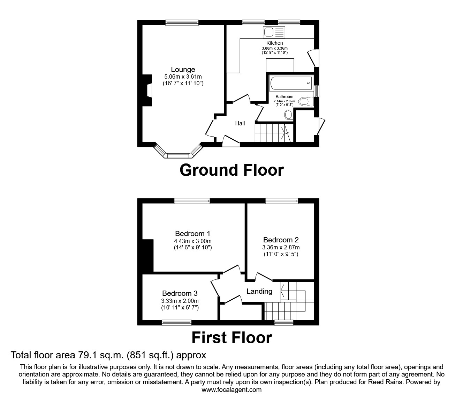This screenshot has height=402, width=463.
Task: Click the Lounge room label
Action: point(183,70)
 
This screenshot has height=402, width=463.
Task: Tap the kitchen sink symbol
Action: point(274,32)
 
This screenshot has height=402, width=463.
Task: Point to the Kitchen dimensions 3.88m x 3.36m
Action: point(275,48)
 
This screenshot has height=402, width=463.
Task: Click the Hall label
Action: point(240,123)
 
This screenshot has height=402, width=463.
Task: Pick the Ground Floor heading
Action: point(231,170)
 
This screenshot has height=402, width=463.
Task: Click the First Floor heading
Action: point(231,338)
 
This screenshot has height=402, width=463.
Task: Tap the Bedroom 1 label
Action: point(192,234)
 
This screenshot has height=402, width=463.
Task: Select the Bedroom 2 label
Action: point(281,240)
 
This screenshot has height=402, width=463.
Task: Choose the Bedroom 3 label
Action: point(180,293)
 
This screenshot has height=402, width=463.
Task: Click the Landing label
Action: point(259,291)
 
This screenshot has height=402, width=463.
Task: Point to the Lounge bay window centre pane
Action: point(178,155)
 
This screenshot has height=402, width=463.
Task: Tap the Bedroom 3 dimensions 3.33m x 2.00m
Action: point(180,301)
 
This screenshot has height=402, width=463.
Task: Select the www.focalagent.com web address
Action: point(231,390)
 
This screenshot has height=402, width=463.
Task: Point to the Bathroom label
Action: point(284,97)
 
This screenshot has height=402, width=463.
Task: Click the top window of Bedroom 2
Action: point(282,200)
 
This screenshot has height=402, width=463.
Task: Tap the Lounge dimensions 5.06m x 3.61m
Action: point(183,76)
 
